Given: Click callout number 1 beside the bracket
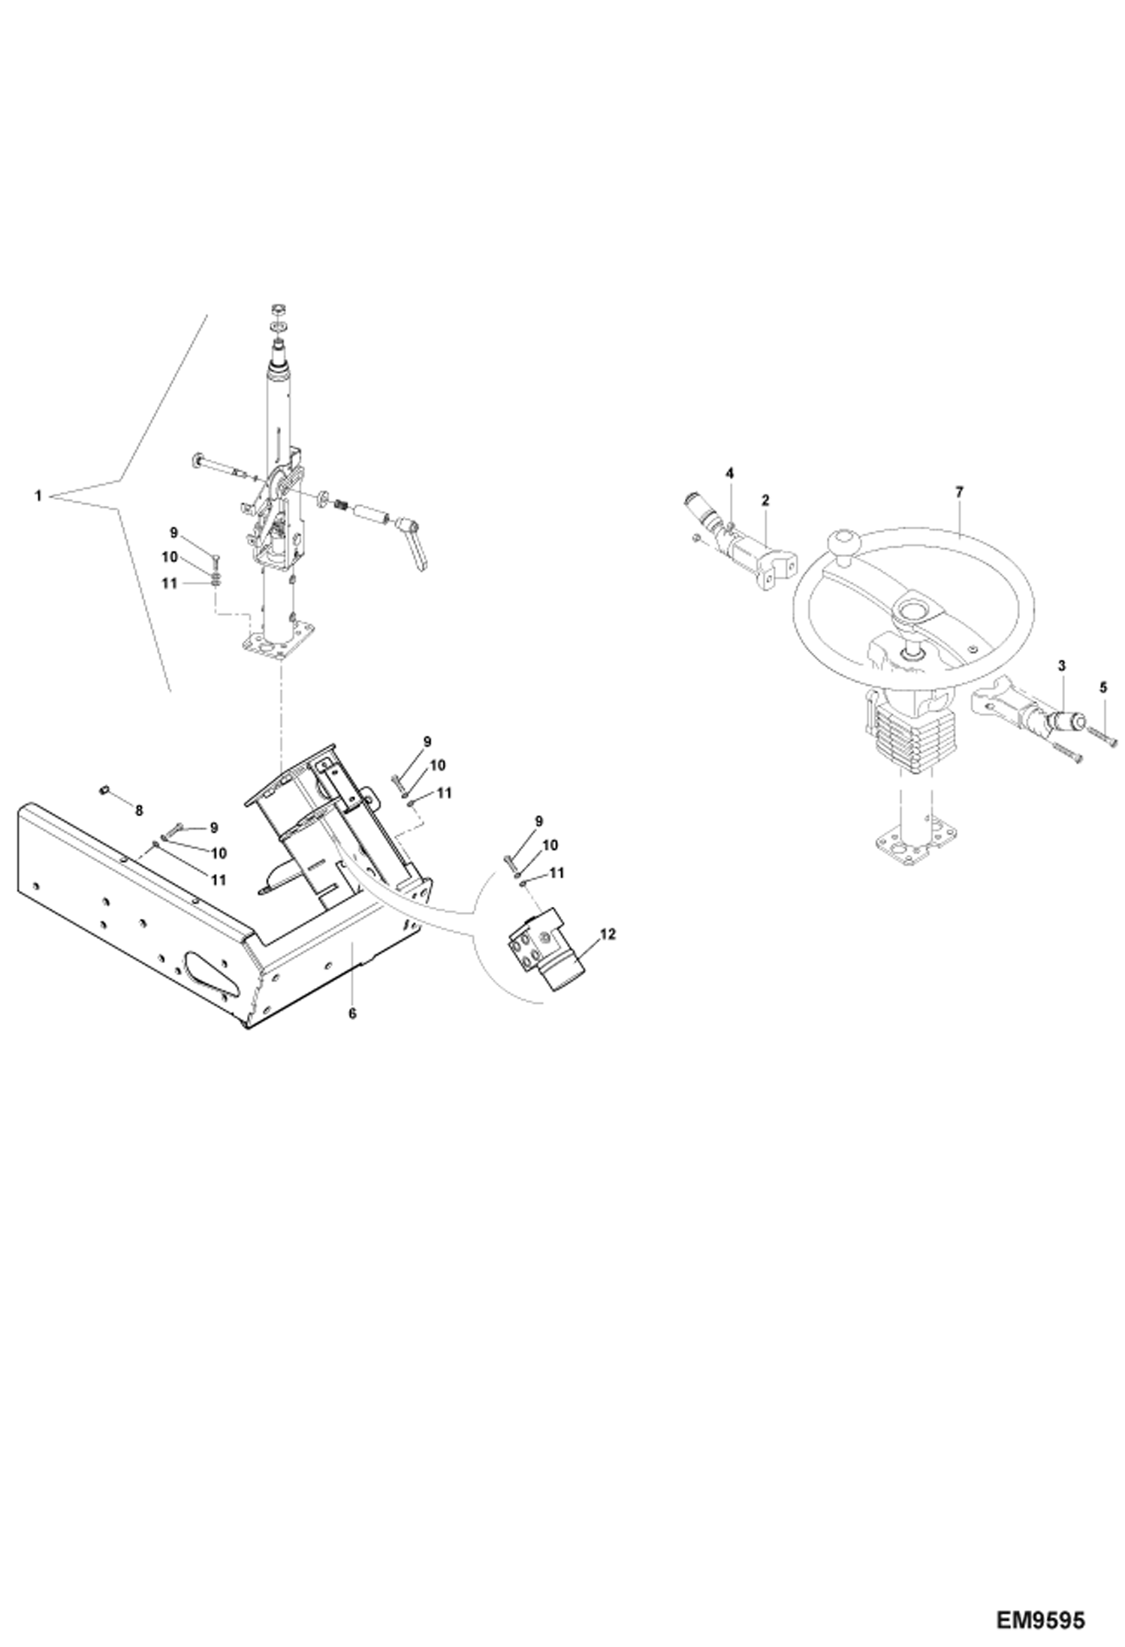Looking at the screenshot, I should (38, 495).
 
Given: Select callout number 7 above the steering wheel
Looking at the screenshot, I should (959, 492).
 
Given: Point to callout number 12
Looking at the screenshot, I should (608, 934).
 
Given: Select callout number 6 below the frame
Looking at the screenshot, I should (352, 1013).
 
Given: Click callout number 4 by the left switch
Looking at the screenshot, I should (729, 473).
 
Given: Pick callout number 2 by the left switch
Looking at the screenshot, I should (765, 498).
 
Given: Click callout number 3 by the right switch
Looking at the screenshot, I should (1061, 665).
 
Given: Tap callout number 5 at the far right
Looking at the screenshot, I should (1102, 685).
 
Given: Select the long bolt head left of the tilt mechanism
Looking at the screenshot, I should (197, 459).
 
